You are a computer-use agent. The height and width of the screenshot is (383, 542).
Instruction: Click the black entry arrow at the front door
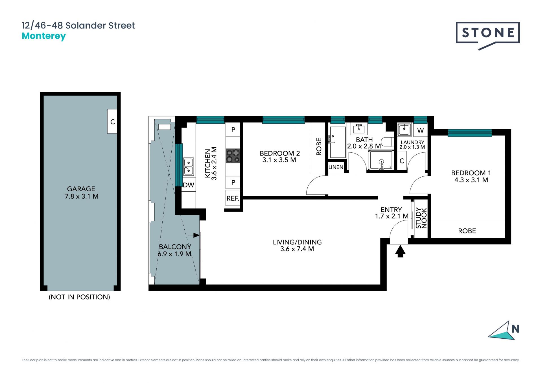pyautogui.click(x=400, y=251)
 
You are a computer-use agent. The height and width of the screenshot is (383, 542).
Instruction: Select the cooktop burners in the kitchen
pyautogui.click(x=233, y=156)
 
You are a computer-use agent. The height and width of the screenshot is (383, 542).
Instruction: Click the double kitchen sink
pyautogui.click(x=188, y=167)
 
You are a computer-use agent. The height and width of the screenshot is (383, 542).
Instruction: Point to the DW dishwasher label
pyautogui.click(x=189, y=185)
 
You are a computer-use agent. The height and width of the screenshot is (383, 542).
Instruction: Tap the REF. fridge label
pyautogui.click(x=233, y=198)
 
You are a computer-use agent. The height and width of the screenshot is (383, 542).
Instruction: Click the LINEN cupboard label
pyautogui.click(x=336, y=167)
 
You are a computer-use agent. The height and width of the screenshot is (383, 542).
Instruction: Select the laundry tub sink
pyautogui.click(x=404, y=130)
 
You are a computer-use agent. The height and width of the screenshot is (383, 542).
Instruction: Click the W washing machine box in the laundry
pyautogui.click(x=420, y=130)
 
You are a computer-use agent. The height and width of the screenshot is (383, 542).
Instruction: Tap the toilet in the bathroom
pyautogui.click(x=387, y=142)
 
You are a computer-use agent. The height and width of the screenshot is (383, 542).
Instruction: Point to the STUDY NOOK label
pyautogui.click(x=421, y=218)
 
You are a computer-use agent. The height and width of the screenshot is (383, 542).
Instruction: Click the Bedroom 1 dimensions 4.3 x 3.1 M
pyautogui.click(x=471, y=180)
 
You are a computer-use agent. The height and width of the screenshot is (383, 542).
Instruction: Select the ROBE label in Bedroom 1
pyautogui.click(x=467, y=231)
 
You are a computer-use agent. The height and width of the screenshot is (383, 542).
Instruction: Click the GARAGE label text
pyautogui.click(x=81, y=189)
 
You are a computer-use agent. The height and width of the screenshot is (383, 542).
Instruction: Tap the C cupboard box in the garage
pyautogui.click(x=112, y=121)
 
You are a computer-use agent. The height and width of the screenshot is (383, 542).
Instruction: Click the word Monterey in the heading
pyautogui.click(x=44, y=36)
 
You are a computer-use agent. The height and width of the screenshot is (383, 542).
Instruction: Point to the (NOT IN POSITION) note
pyautogui.click(x=79, y=297)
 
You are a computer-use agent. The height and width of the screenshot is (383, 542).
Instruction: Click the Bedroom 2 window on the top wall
pyautogui.click(x=283, y=120)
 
